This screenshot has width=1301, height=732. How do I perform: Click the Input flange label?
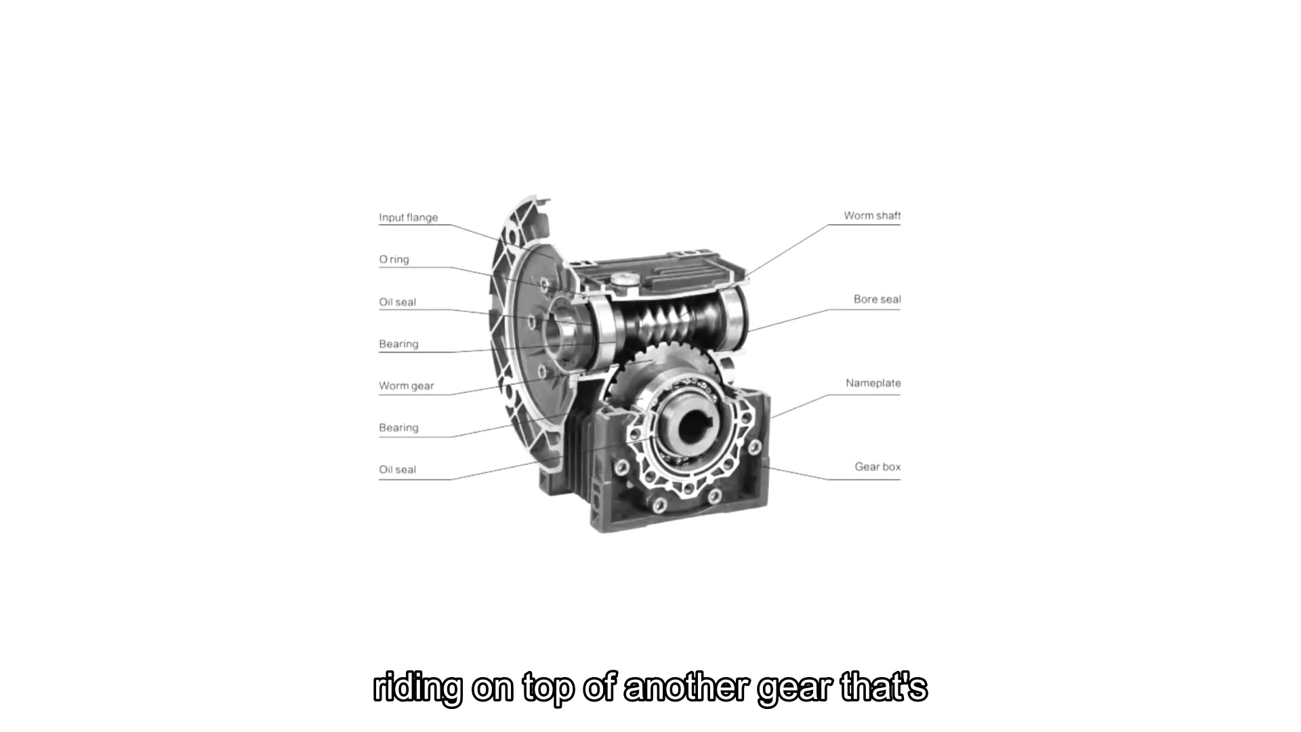(409, 218)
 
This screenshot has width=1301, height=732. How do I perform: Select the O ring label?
(394, 260)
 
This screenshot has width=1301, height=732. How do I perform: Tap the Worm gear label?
(407, 386)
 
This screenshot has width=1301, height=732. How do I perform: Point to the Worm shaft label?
(872, 216)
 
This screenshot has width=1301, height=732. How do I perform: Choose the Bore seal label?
(877, 299)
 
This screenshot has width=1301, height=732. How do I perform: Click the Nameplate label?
(873, 383)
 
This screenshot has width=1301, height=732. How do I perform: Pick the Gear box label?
(877, 467)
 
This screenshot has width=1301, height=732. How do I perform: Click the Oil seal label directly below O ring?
(398, 302)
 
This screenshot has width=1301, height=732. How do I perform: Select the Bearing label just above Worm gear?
(398, 344)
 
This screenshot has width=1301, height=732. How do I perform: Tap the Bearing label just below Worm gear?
(398, 428)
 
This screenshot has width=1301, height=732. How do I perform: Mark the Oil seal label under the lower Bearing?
(398, 470)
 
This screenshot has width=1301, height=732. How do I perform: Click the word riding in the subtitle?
(418, 689)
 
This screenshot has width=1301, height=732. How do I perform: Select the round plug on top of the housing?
(621, 279)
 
